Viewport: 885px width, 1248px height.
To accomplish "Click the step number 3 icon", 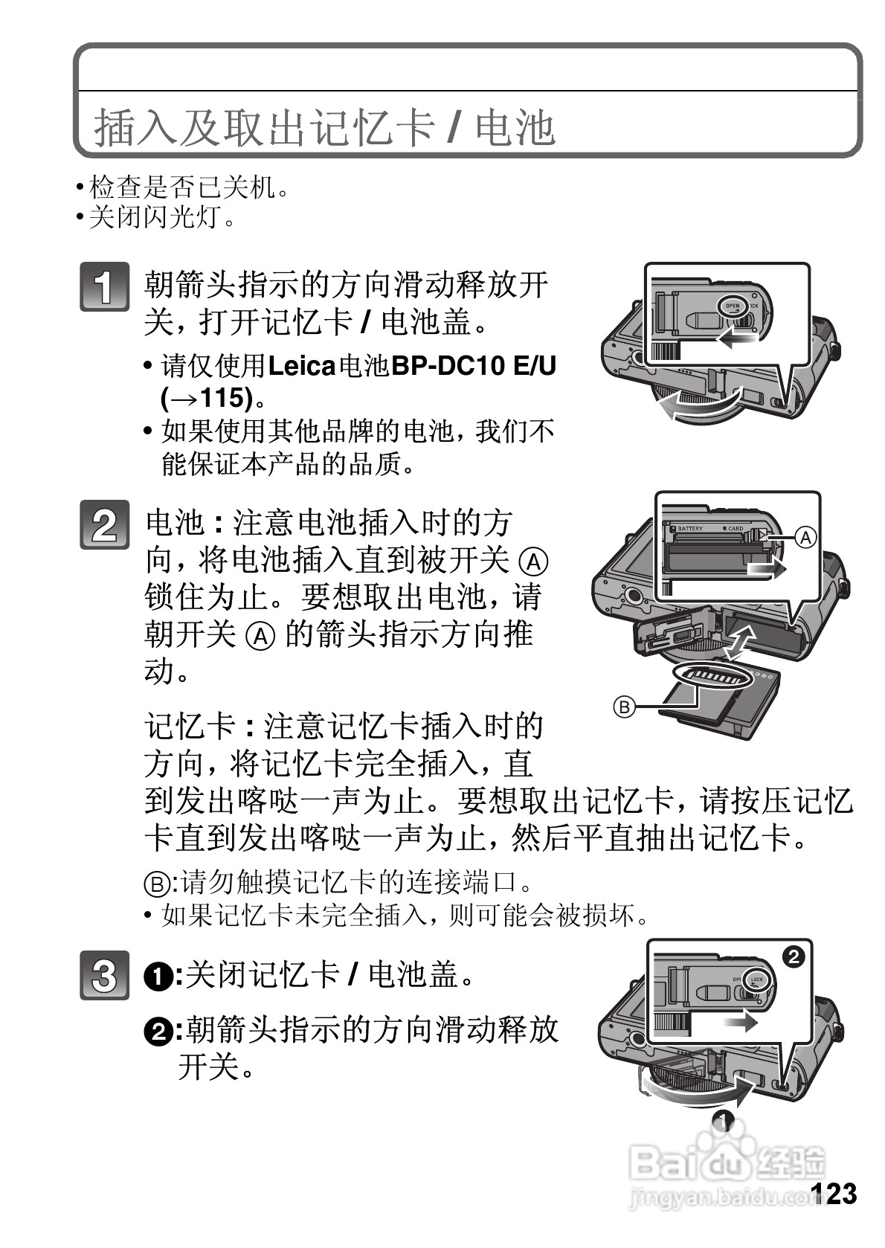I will tap(104, 975).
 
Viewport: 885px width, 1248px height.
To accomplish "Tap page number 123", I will tap(833, 1194).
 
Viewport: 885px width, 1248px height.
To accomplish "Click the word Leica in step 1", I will tap(301, 366).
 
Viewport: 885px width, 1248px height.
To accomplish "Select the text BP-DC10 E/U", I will tap(474, 366).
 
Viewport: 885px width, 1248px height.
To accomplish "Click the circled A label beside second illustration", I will tap(805, 537).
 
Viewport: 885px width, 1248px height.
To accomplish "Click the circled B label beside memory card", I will tap(625, 706).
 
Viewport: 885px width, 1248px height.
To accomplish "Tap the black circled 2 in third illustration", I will tap(794, 956).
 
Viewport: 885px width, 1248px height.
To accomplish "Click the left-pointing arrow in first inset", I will tap(736, 339).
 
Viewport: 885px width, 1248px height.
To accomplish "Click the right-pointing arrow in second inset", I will tap(766, 569).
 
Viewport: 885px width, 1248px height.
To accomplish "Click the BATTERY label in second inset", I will tap(689, 529).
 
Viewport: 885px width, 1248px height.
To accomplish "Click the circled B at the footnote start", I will tap(155, 883).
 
